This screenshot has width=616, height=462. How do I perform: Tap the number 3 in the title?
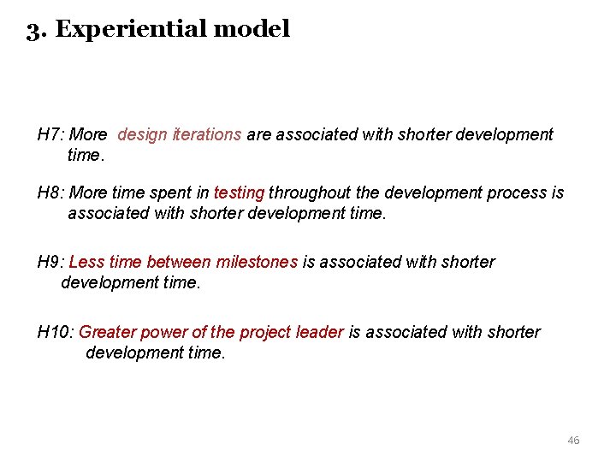coord(33,30)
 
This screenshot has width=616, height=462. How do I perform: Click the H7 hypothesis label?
coord(50,134)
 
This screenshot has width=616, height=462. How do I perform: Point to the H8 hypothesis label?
coord(50,192)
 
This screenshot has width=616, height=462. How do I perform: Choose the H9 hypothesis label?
coord(50,262)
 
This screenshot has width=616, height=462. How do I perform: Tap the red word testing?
coord(240,192)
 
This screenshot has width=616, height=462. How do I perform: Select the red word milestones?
coord(258,262)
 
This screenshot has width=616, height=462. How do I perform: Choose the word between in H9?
coord(180,262)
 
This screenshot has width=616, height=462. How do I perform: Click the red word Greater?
coord(106,332)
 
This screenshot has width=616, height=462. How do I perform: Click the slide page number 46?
coord(573,440)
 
